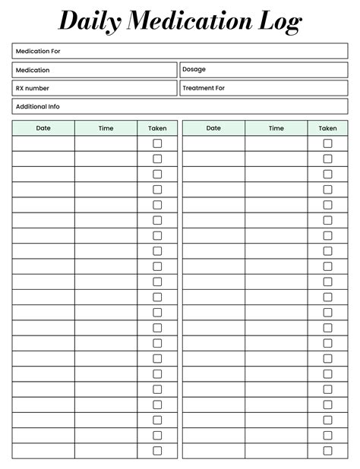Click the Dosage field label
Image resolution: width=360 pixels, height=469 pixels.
coord(194,69)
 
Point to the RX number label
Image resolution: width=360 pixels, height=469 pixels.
coord(33,88)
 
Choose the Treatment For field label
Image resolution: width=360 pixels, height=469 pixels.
coord(204,88)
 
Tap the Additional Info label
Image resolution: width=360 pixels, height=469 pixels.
coord(37,106)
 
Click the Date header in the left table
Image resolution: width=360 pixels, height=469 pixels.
coord(43,128)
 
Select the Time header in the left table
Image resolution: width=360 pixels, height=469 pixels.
coord(106,128)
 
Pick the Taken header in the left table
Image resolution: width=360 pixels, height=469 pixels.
coord(157,128)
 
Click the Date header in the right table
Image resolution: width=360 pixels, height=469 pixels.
coord(213,128)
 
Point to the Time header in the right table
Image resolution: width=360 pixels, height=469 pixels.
coord(276,128)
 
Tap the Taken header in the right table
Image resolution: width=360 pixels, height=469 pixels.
coord(327,128)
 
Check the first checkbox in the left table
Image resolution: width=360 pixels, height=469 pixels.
coord(157,143)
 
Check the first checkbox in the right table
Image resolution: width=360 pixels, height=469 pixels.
coord(327,143)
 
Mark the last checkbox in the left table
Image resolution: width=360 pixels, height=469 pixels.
coord(157,451)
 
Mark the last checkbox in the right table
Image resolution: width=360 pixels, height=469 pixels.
coord(327,451)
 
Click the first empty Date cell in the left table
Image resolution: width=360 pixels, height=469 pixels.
coord(43,143)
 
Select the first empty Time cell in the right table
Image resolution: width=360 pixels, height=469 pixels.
coord(276,143)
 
